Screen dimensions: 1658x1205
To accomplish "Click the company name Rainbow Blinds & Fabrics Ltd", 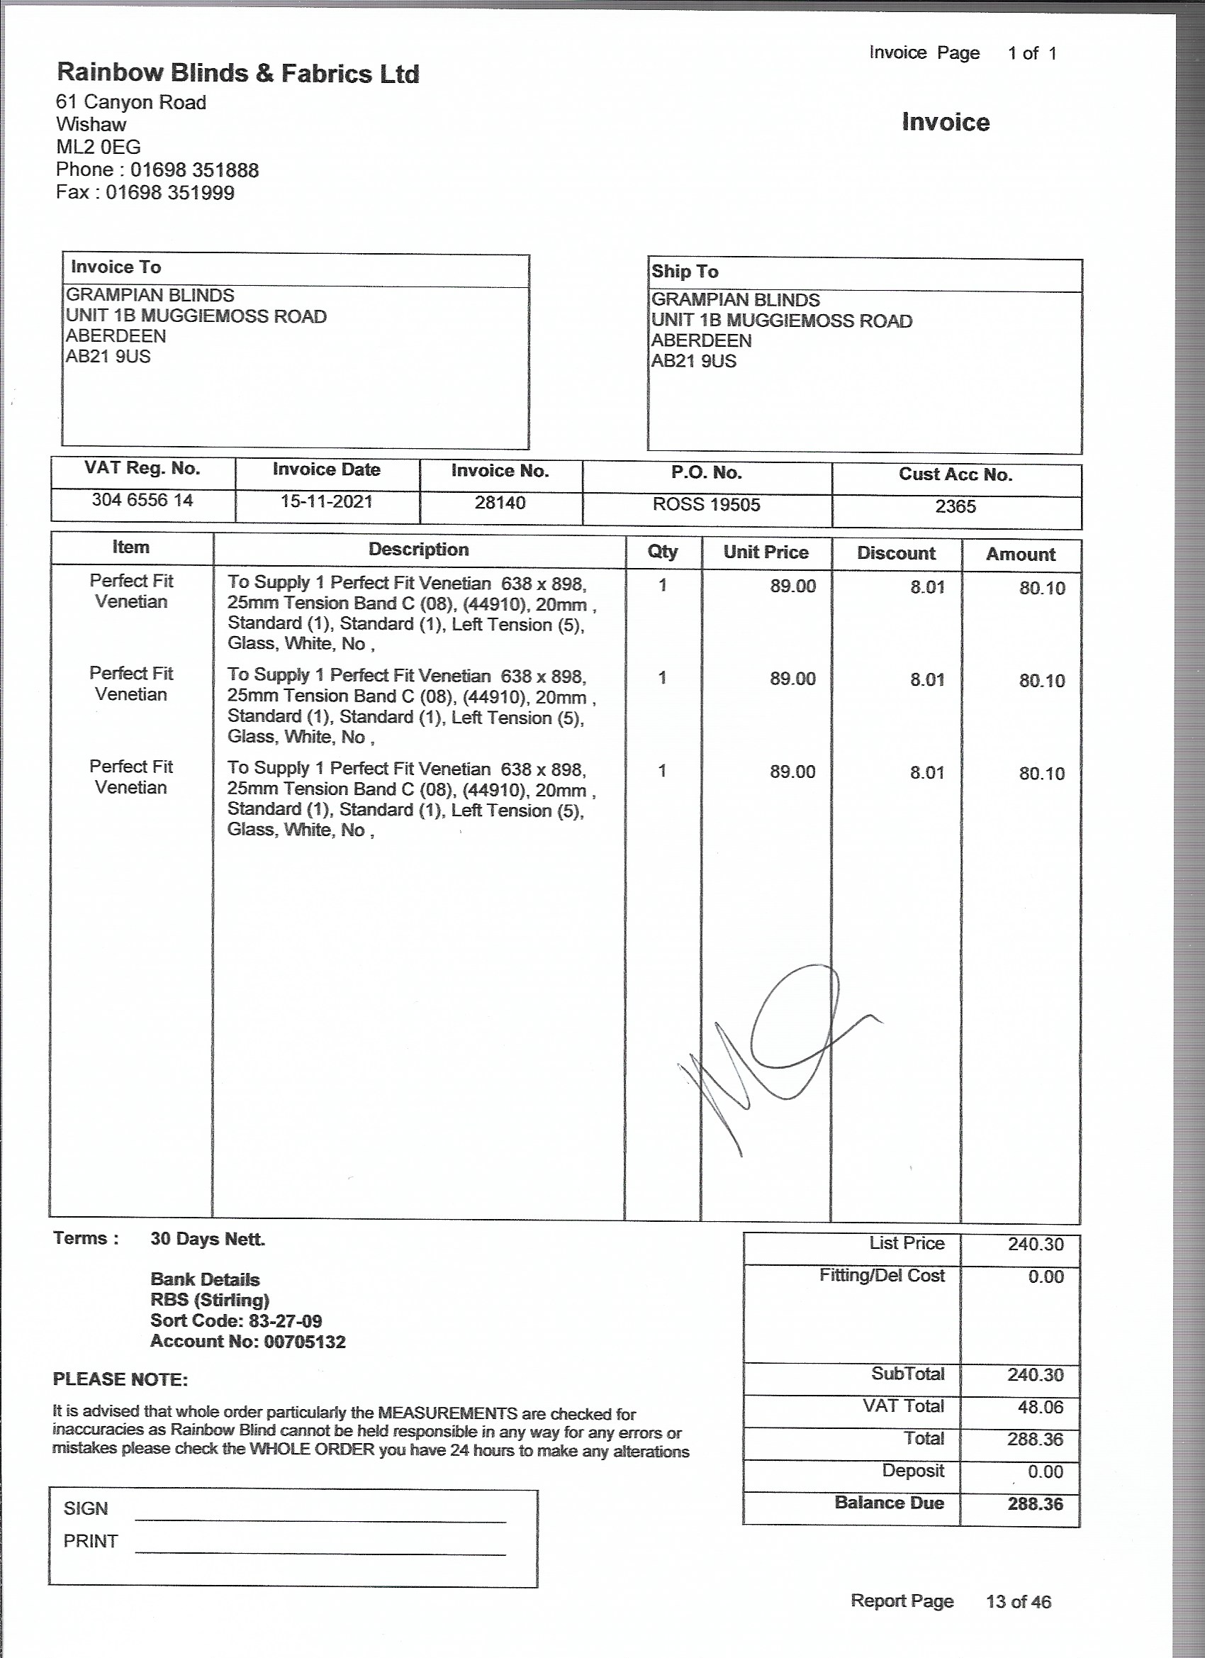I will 238,73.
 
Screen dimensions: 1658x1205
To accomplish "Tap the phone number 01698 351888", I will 194,170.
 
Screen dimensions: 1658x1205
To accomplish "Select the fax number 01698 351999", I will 170,193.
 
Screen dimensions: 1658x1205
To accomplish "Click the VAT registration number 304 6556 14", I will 142,501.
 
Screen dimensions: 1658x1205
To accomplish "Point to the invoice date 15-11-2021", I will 327,501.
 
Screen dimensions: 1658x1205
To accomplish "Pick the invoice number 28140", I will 500,503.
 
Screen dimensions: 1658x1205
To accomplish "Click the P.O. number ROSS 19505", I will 706,505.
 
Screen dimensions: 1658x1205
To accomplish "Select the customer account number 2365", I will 955,506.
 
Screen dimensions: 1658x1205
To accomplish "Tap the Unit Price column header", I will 766,552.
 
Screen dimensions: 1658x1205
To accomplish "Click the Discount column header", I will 896,553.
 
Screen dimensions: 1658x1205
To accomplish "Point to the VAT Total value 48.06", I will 1040,1406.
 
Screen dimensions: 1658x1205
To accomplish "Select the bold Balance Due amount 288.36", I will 1035,1503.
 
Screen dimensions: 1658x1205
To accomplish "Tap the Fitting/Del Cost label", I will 881,1276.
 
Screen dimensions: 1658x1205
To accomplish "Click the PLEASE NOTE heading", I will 120,1379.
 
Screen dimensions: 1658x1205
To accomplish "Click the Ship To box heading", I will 685,272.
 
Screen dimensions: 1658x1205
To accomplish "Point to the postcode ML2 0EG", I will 99,147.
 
